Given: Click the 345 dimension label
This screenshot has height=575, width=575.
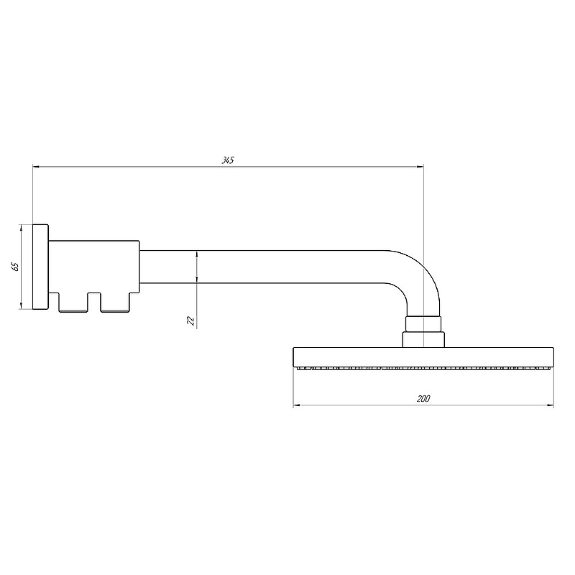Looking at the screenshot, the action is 228,160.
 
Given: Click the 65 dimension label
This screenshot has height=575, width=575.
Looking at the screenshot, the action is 15,267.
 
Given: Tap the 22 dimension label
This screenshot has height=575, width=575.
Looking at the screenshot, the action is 190,321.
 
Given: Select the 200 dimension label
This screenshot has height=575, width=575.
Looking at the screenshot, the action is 423,399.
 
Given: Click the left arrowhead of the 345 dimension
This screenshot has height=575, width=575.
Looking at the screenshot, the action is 36,167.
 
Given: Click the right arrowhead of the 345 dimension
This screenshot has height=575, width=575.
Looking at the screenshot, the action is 420,167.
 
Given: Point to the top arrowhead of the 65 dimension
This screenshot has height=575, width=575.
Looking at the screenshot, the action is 22,228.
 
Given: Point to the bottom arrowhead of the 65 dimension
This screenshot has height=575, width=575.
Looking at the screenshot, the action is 22,305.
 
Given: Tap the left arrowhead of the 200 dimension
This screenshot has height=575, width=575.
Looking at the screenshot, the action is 297,405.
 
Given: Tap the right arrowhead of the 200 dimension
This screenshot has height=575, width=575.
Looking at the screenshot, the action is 550,405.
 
